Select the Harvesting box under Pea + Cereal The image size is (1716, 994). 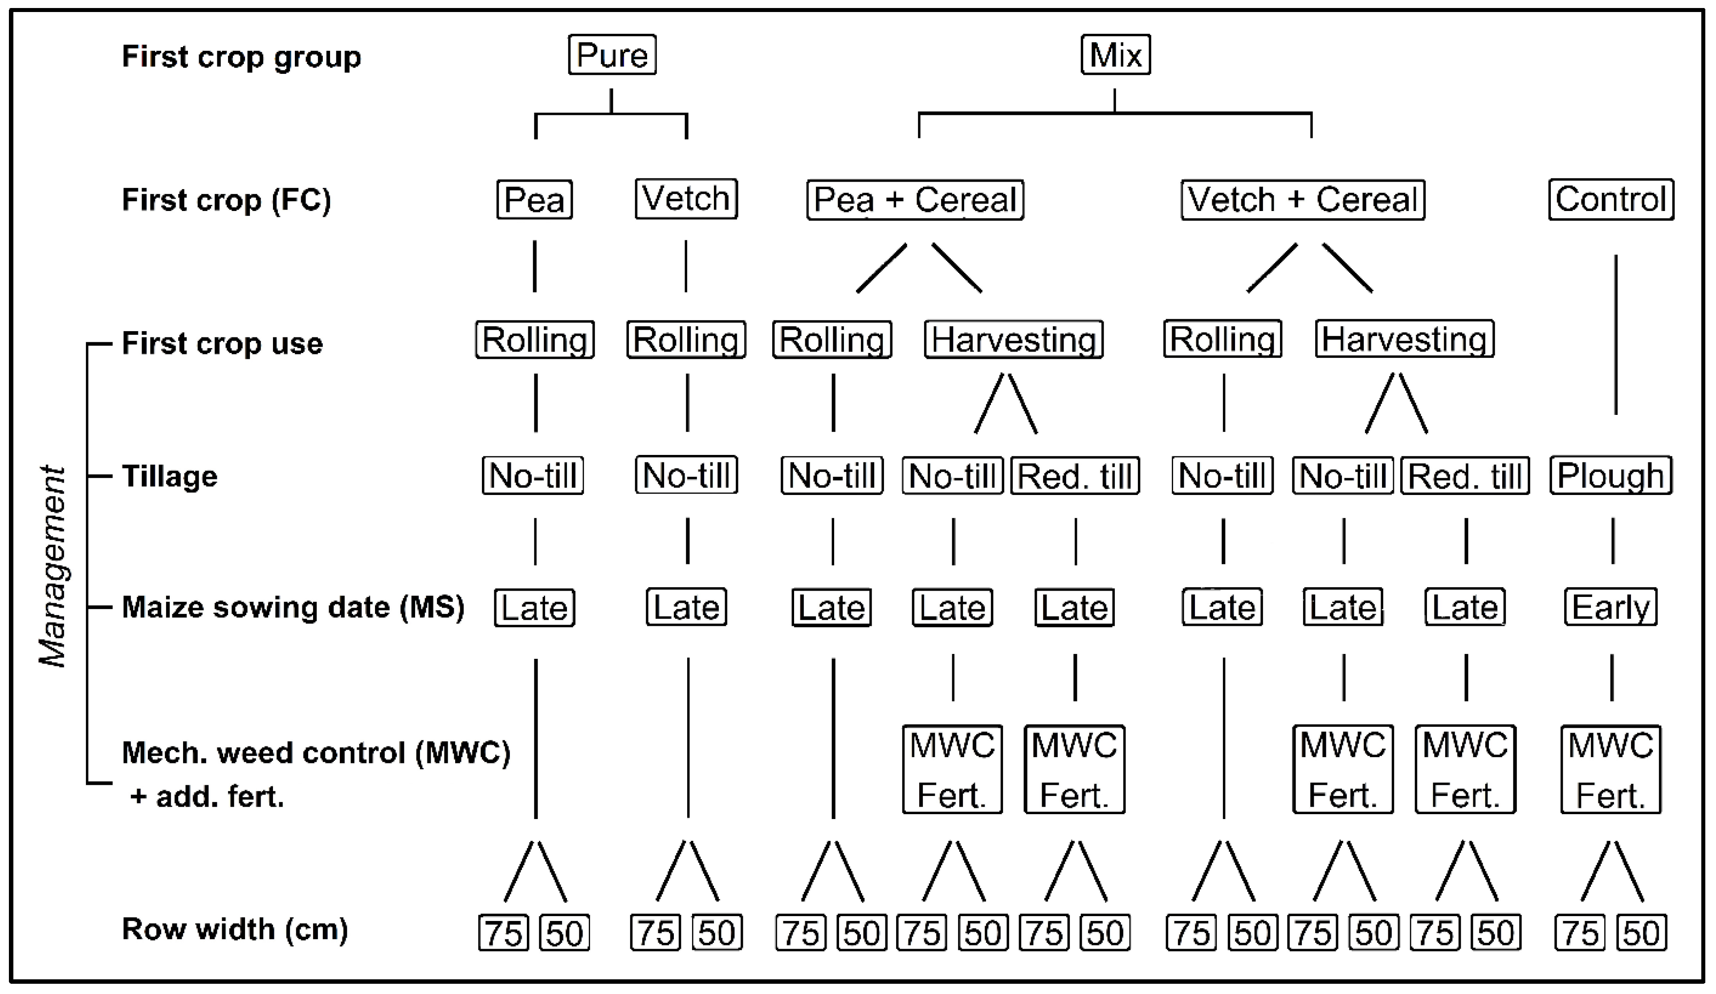[x=1013, y=340]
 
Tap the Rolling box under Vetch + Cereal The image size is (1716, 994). [x=1222, y=340]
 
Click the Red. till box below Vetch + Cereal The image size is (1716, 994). [x=1465, y=476]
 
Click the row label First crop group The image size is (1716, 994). [x=241, y=57]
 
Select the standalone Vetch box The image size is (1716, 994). [x=686, y=199]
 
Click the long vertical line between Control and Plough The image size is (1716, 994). [x=1615, y=333]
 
